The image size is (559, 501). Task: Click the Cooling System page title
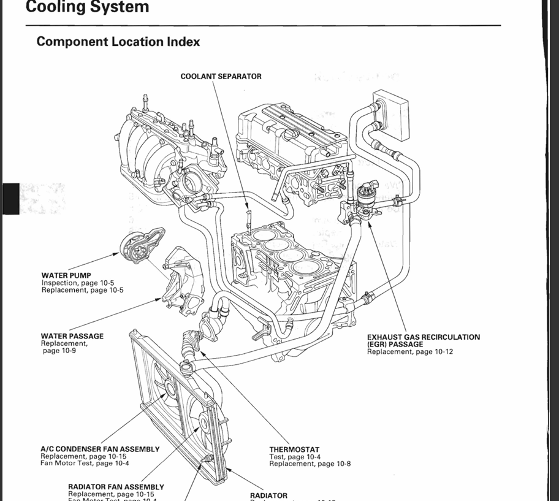(x=88, y=7)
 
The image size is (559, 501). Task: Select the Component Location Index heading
(x=118, y=42)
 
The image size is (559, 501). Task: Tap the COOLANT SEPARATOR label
(x=221, y=77)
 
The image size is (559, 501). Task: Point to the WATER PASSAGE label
(x=72, y=336)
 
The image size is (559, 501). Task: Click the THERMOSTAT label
(x=294, y=449)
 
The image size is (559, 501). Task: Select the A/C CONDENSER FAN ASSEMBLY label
(x=100, y=449)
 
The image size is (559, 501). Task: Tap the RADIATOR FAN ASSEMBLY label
(x=116, y=487)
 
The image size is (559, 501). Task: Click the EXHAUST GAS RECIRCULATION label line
(x=424, y=337)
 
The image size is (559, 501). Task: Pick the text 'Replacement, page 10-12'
(x=410, y=352)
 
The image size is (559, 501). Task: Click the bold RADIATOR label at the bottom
(x=268, y=495)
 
